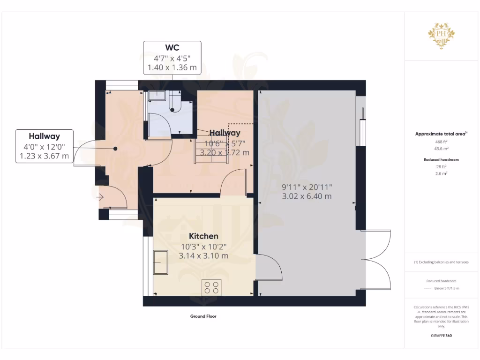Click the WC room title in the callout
[172, 48]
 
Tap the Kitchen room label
[203, 236]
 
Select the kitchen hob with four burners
[211, 287]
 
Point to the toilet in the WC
[173, 104]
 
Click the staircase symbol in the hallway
[210, 151]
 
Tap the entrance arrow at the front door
[100, 197]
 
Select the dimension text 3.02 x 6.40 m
[306, 196]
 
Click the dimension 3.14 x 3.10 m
[203, 256]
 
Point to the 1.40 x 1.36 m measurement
[172, 68]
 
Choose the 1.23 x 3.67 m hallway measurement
[44, 156]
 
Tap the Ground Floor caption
[203, 316]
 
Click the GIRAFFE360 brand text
[442, 336]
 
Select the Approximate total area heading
[441, 134]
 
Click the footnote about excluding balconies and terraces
[441, 262]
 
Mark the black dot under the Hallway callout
[115, 149]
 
